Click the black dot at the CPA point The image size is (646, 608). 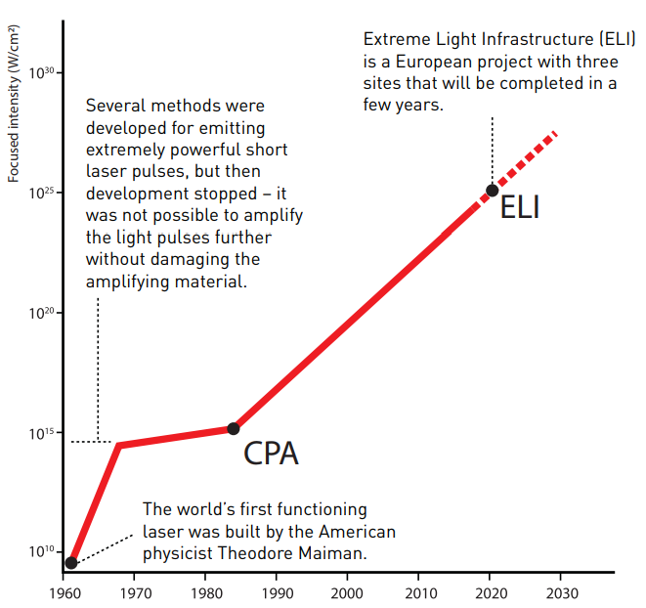click(x=234, y=428)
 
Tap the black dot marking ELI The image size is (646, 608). click(x=493, y=190)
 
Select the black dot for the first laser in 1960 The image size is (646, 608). click(x=71, y=563)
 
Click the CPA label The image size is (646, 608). click(x=270, y=455)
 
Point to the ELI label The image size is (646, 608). click(x=520, y=208)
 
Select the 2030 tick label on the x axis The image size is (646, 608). click(x=560, y=592)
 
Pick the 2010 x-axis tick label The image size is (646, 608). click(x=419, y=592)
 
